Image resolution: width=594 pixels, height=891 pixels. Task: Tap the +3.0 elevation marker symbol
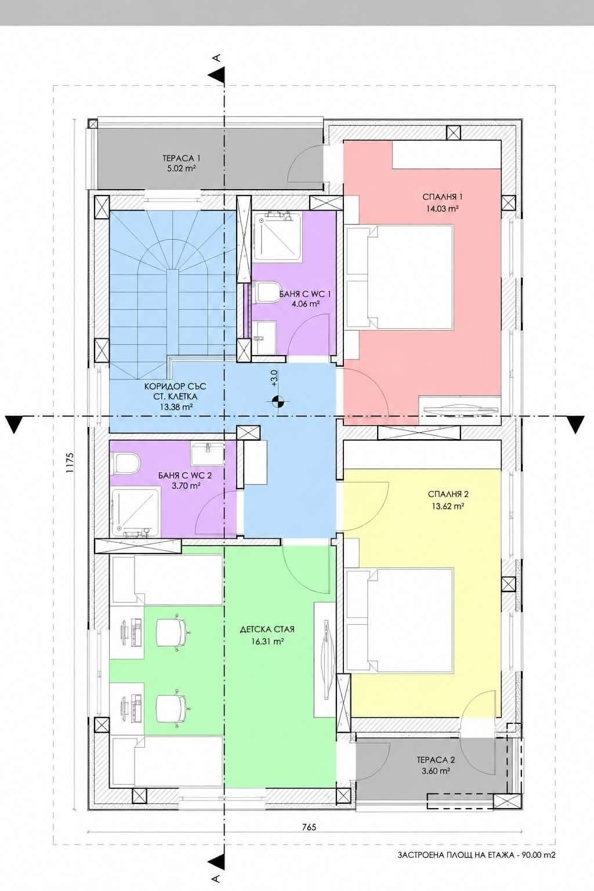tap(277, 402)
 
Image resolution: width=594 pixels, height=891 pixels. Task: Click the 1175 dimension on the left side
tap(70, 462)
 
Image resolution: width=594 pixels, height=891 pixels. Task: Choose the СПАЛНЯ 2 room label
tap(448, 494)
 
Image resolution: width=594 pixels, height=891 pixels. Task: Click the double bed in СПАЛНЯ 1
tap(399, 277)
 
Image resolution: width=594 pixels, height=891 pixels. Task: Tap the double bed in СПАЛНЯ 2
tap(399, 621)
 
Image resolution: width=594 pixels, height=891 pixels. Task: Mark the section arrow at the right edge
tap(577, 424)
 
